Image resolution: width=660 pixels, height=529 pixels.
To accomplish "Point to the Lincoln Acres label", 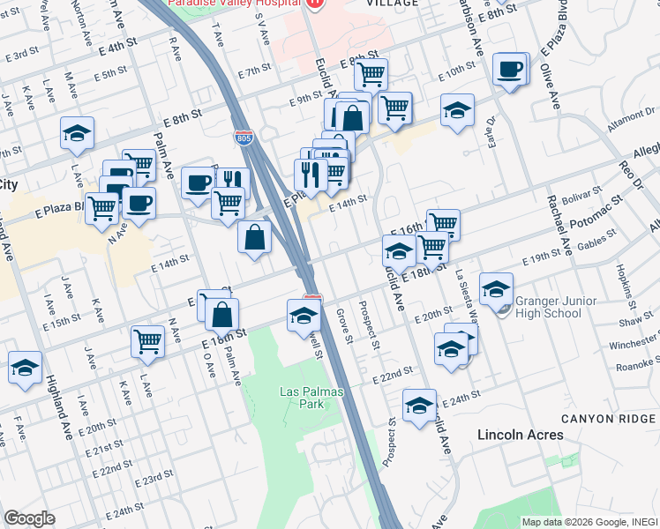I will click(520, 435).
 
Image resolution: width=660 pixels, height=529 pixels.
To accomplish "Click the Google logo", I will click(29, 518).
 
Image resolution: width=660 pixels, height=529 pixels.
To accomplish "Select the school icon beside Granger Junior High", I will click(496, 288).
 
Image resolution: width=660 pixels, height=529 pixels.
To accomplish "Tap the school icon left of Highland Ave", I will click(25, 367).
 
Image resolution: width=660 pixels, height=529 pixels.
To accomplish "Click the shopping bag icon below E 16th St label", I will click(224, 313).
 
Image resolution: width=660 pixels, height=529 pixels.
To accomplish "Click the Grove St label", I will click(344, 324).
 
